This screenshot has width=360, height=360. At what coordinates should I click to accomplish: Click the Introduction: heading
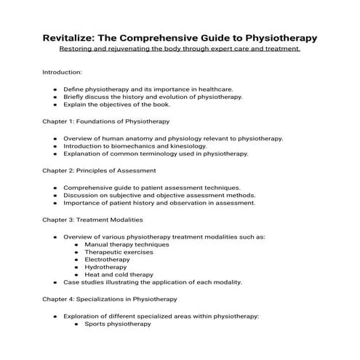62,73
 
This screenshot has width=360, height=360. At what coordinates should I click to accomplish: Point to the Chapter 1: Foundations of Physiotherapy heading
106,121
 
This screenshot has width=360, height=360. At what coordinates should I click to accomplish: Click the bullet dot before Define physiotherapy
56,89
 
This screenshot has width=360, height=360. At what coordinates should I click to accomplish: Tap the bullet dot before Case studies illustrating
56,282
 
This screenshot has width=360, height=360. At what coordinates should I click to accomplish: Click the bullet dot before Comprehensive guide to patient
56,187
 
